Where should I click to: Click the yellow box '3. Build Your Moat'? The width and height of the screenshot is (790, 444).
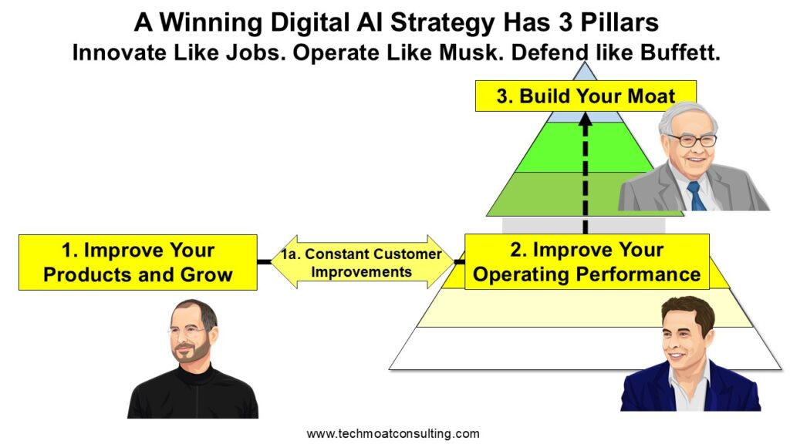(x=586, y=96)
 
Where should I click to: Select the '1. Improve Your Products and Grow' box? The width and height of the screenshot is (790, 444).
(x=137, y=262)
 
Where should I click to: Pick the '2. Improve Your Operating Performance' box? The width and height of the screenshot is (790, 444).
(x=587, y=262)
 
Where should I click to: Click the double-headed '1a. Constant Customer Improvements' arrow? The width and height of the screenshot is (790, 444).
(x=362, y=262)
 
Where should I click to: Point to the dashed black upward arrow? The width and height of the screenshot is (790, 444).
(x=586, y=173)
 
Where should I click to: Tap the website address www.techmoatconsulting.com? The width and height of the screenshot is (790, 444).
(x=393, y=433)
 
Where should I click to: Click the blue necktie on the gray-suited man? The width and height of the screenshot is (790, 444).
(x=697, y=195)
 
